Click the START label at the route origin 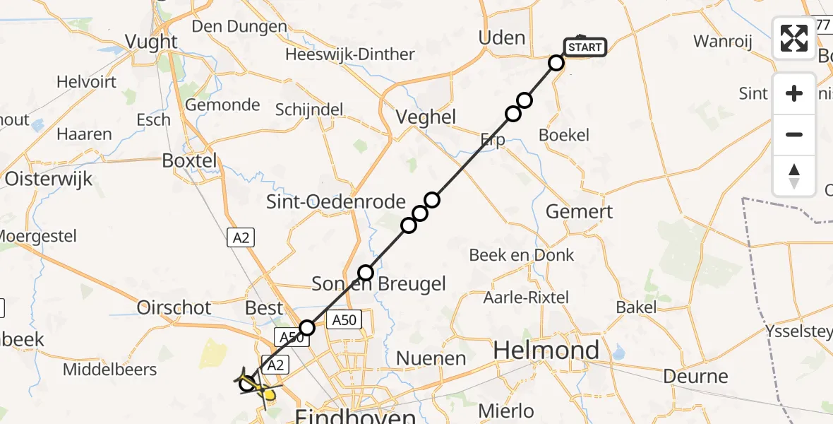[x=585, y=48]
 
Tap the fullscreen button [x=794, y=38]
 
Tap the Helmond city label [x=546, y=350]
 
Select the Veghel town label [x=426, y=117]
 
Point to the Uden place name [x=502, y=37]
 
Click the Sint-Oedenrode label [x=335, y=202]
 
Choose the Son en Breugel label [x=379, y=284]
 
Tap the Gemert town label [x=580, y=211]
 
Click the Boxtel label [x=190, y=160]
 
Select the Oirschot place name [x=174, y=307]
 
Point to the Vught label [x=151, y=42]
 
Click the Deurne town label [x=696, y=377]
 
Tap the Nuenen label [x=431, y=359]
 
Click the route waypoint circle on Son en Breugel [x=366, y=272]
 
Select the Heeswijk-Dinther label [x=350, y=54]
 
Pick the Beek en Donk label [x=522, y=255]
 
